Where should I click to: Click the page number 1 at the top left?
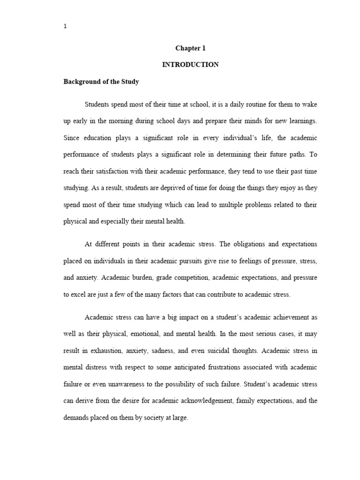click(65, 26)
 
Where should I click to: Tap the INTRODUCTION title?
click(190, 65)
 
